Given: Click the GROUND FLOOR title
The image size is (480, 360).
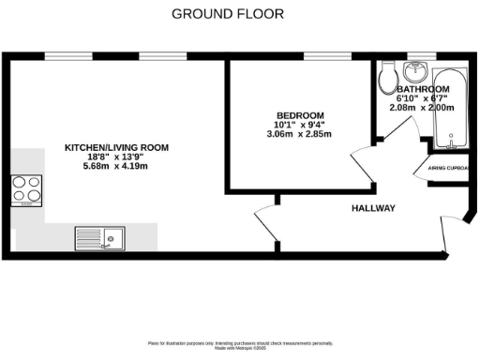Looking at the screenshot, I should (228, 14).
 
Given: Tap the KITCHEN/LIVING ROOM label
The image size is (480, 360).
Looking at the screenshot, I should (116, 147).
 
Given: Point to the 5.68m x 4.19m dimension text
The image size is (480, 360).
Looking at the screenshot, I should (116, 166).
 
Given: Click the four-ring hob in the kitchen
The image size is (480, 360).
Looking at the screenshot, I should (27, 190).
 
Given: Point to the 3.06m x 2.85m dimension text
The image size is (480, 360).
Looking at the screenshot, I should (298, 134).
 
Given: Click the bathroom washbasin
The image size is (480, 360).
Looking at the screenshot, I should (415, 71).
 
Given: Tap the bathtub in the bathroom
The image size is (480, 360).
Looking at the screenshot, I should (449, 108).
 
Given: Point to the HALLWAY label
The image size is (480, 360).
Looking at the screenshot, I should (373, 208).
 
